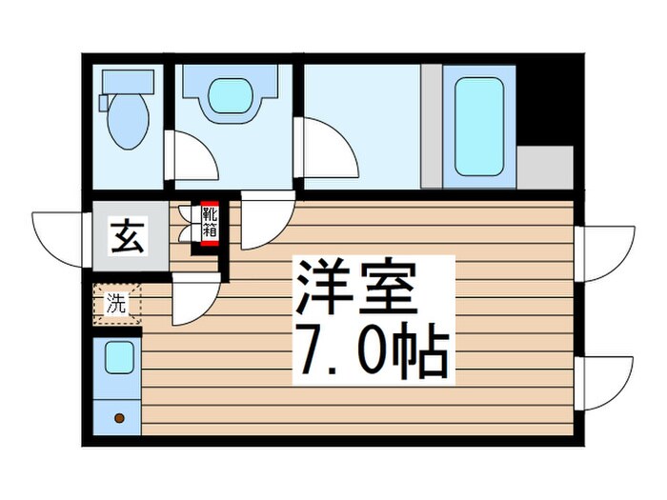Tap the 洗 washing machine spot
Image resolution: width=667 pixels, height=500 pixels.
pyautogui.click(x=116, y=305)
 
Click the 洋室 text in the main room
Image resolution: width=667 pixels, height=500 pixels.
pyautogui.click(x=356, y=290)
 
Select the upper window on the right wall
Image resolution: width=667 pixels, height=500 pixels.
pyautogui.click(x=606, y=252)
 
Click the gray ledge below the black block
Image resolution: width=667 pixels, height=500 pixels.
pyautogui.click(x=544, y=168)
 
